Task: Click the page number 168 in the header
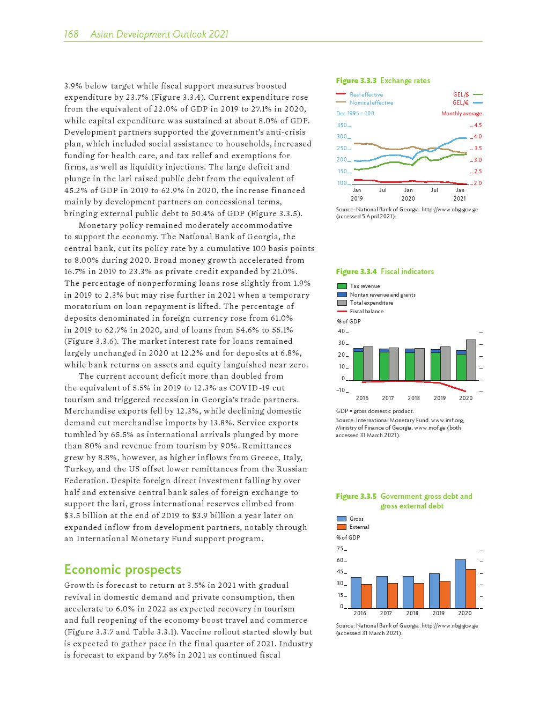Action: (x=71, y=34)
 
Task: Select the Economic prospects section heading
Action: (x=122, y=570)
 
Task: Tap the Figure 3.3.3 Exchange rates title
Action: (x=383, y=80)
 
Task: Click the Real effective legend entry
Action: (x=366, y=94)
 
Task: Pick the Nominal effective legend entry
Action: (x=371, y=102)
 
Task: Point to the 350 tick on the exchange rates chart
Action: (x=342, y=125)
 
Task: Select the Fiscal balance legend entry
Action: (x=366, y=311)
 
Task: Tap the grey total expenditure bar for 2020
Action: (x=471, y=360)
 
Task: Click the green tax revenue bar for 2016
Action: (x=358, y=366)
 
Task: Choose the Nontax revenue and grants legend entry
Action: (x=382, y=294)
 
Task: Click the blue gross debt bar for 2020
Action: (x=460, y=584)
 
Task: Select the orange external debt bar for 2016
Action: (x=366, y=596)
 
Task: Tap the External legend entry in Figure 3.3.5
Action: (x=359, y=527)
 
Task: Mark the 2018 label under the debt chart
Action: (x=412, y=613)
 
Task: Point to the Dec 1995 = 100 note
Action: (x=355, y=113)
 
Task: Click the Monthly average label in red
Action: (x=461, y=113)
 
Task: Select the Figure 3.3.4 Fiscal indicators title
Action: (x=385, y=271)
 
